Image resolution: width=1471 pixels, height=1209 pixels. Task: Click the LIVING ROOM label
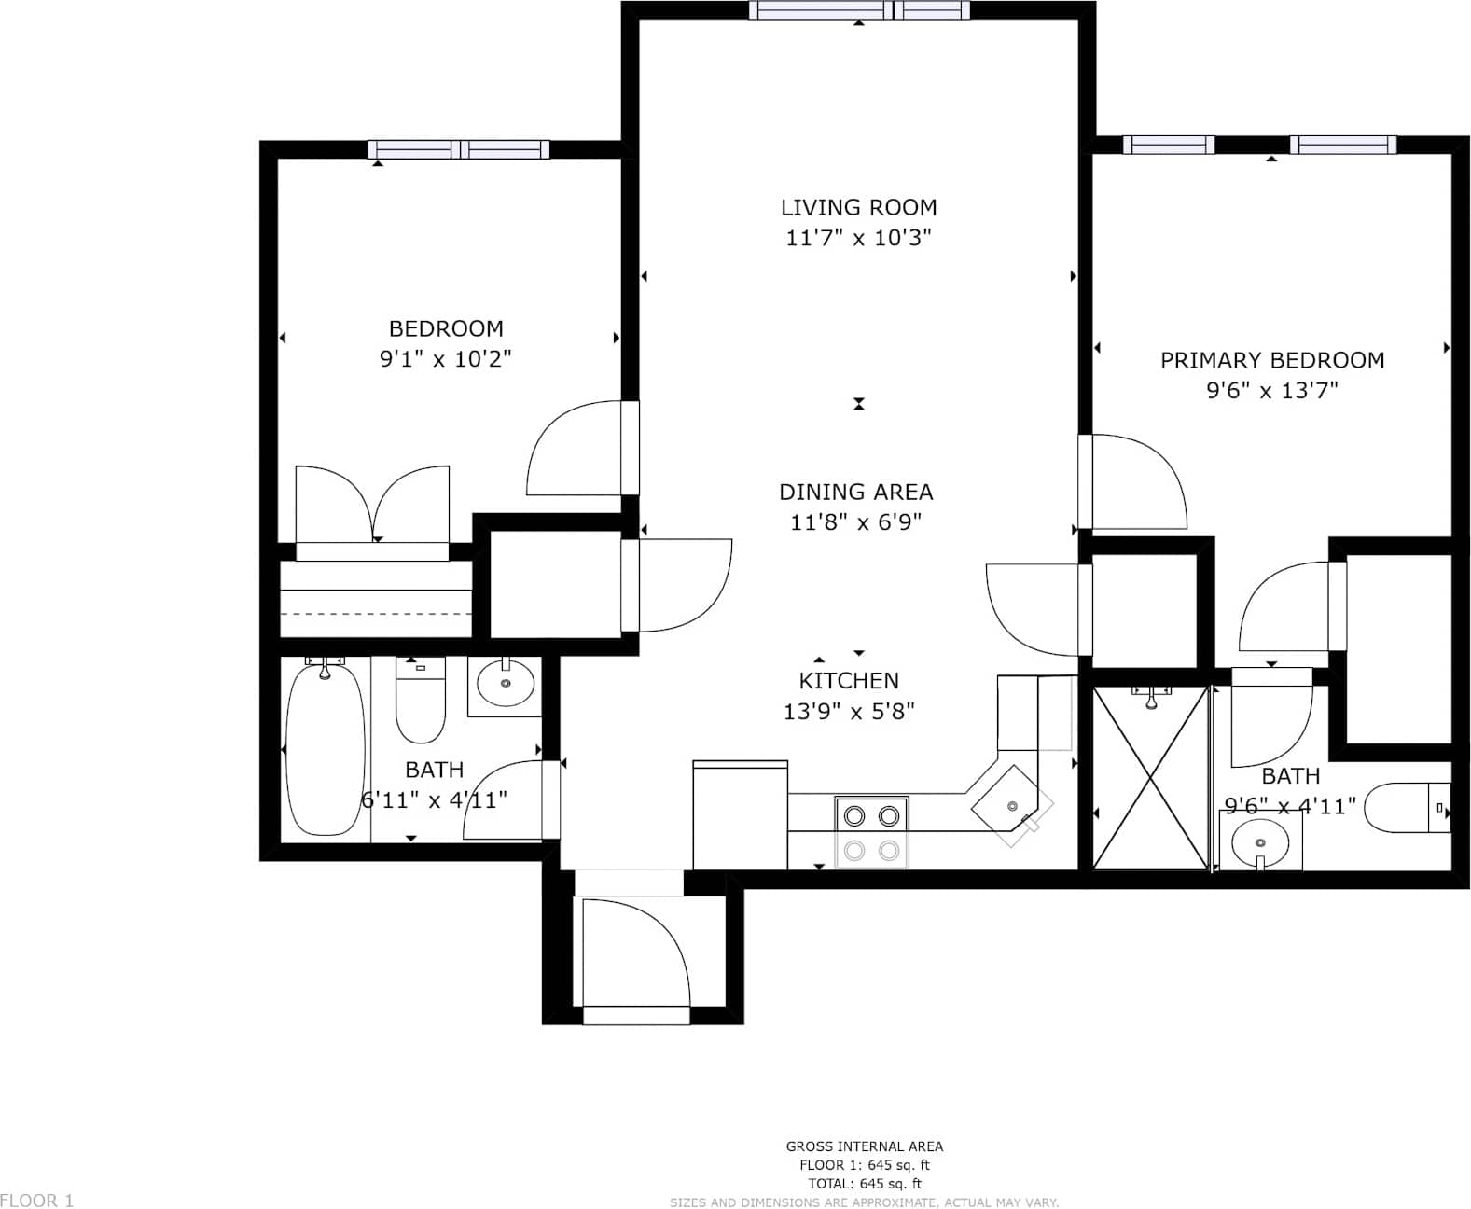[x=858, y=207]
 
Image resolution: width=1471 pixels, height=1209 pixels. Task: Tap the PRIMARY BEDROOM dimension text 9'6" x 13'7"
[x=1272, y=390]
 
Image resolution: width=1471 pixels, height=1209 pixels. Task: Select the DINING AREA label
[x=855, y=492]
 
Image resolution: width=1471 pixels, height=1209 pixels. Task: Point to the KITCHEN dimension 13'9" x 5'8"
[x=849, y=712]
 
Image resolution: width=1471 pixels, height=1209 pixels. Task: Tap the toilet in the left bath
[x=420, y=700]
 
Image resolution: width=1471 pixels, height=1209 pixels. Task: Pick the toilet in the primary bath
[x=1407, y=808]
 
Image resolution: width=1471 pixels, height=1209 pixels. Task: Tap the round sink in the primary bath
[x=1260, y=842]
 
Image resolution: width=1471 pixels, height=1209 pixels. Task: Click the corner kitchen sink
[x=1012, y=806]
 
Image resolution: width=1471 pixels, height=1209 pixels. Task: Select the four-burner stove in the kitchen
[x=872, y=833]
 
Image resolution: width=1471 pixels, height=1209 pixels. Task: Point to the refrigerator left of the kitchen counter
[x=740, y=814]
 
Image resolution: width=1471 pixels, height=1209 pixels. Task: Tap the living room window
[x=859, y=9]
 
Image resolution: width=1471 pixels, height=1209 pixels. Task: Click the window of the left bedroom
[x=458, y=149]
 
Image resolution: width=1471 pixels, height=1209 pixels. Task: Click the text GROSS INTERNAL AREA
[x=864, y=1146]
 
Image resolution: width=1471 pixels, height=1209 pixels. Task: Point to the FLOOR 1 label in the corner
[x=37, y=1200]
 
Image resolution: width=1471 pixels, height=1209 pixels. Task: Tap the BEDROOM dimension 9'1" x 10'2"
[x=446, y=358]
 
